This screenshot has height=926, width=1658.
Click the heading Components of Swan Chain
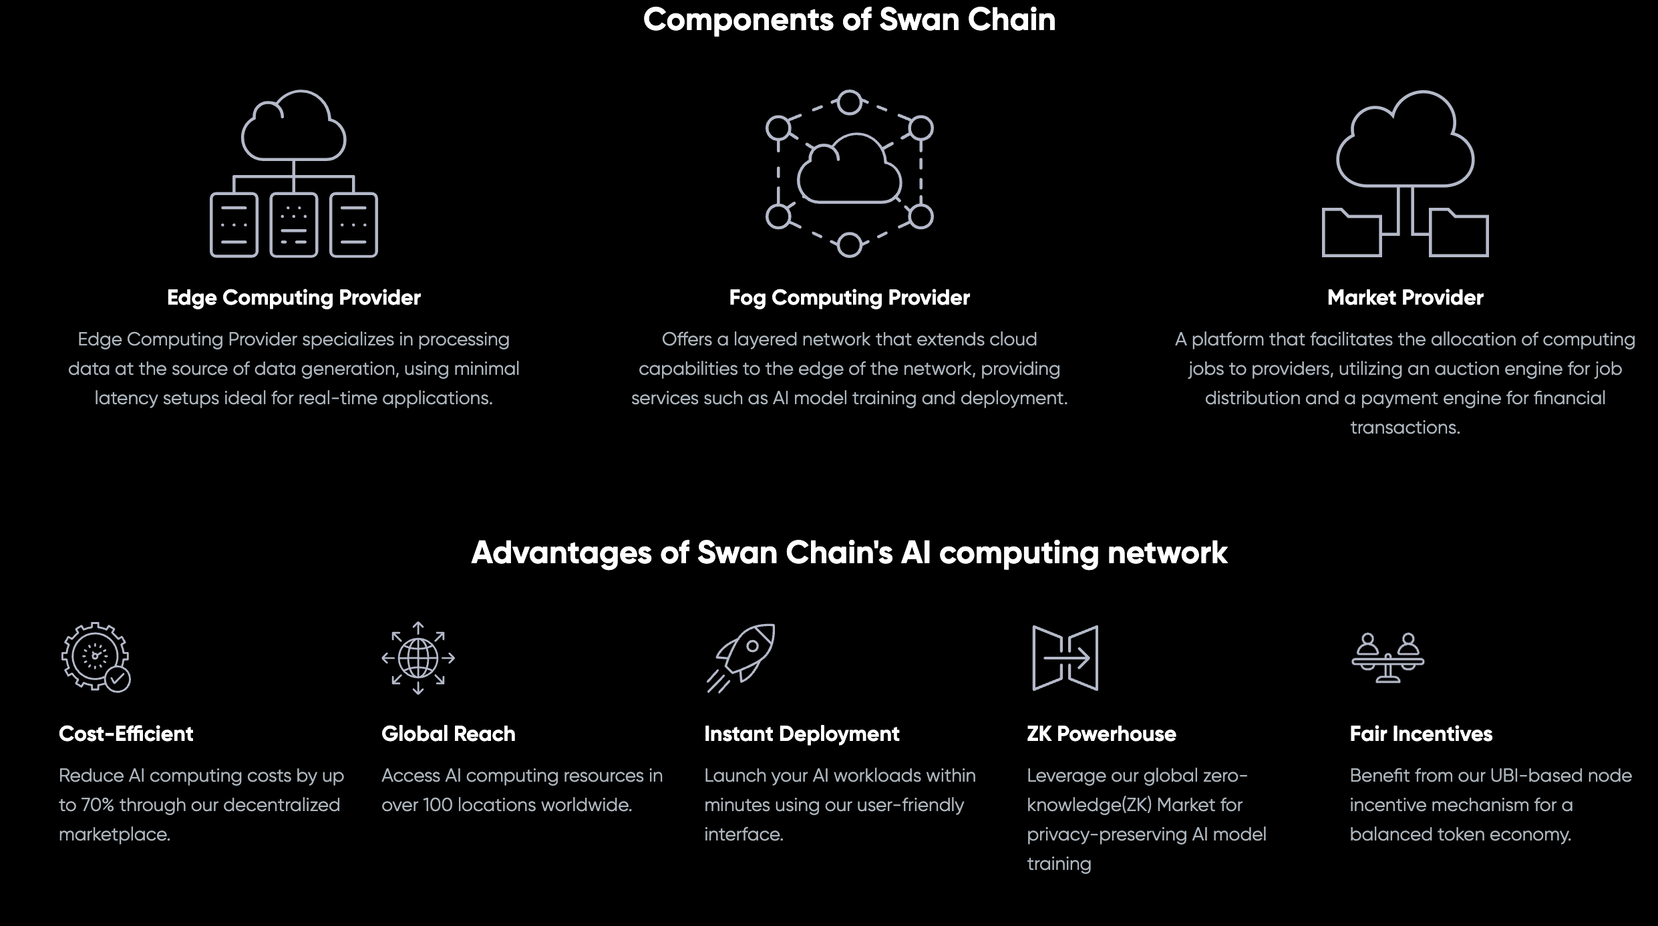[849, 19]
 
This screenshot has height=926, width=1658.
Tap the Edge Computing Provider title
[294, 297]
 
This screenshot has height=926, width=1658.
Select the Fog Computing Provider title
[849, 297]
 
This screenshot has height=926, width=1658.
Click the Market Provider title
[1405, 297]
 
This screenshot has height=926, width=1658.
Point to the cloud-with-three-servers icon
[294, 174]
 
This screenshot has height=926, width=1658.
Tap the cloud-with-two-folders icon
[1405, 174]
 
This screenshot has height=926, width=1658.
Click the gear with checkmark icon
[96, 657]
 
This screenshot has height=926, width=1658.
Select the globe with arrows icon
[418, 657]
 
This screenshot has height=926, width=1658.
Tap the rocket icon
[740, 658]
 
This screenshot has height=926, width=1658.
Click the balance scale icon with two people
[1388, 657]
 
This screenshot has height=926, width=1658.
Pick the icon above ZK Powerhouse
[1065, 658]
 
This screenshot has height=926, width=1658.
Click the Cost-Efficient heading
[126, 734]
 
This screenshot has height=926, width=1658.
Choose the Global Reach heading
[448, 734]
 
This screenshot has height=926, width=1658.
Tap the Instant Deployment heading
[802, 734]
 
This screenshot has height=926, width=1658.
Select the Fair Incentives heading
[1421, 734]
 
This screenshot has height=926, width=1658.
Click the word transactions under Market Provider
[1405, 428]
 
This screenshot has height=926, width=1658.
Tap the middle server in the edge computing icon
[294, 225]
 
